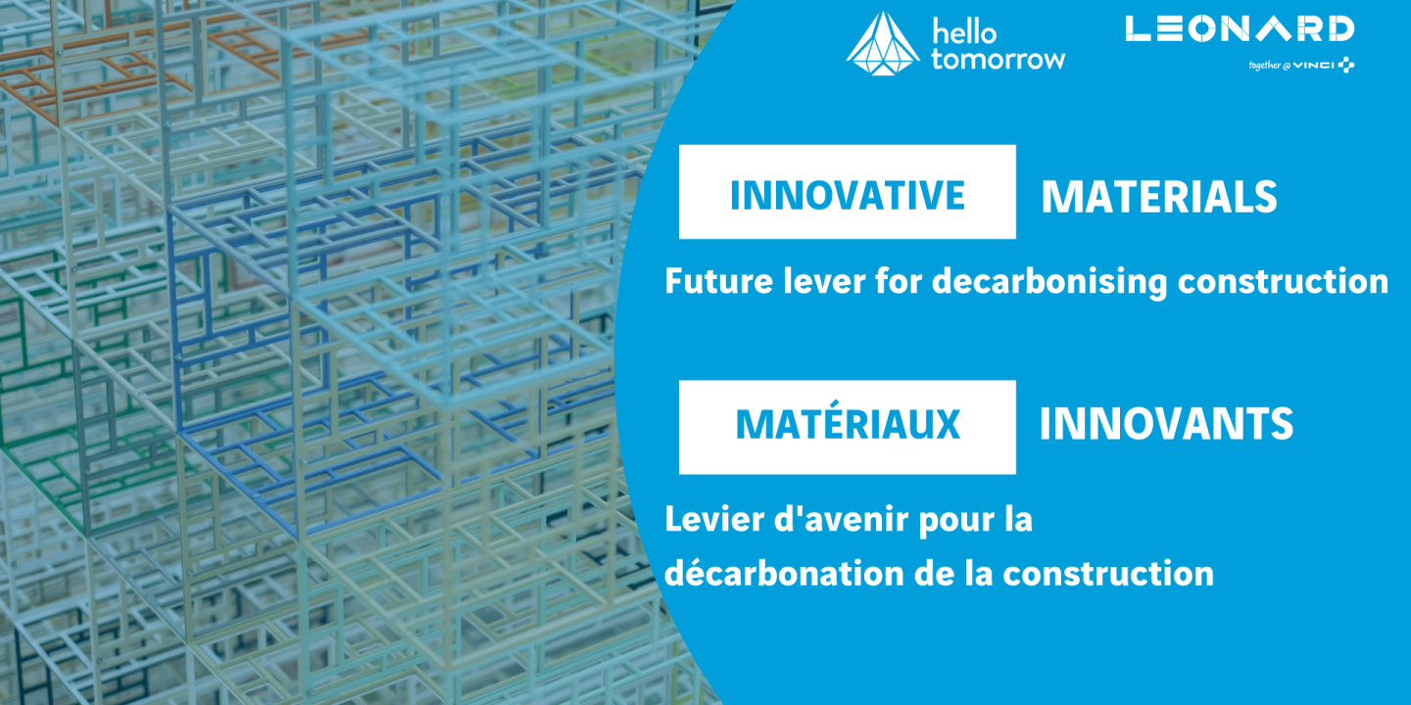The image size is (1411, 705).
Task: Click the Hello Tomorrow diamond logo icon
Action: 883,43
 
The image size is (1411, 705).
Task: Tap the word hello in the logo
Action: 964,32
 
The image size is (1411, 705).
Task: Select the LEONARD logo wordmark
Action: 1240,28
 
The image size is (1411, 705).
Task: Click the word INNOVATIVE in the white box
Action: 848,195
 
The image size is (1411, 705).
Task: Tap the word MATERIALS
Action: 1159,197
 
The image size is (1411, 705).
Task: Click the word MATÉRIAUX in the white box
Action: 848,425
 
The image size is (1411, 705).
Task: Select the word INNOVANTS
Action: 1166,425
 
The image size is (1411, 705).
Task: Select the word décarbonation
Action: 772,572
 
